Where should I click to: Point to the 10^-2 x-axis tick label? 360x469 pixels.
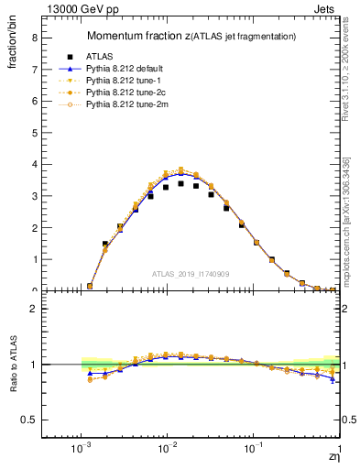167,449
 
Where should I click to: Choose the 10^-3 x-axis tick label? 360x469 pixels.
81,449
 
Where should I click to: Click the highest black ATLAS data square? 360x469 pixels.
180,183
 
